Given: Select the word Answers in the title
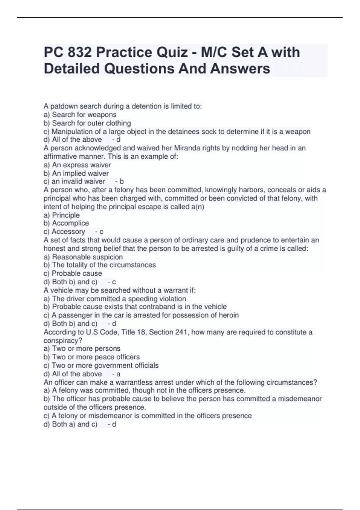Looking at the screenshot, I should point(240,68).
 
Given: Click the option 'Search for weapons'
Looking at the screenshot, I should point(84,115).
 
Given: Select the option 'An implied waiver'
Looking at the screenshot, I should point(80,173).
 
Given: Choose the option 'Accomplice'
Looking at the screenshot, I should point(70,223).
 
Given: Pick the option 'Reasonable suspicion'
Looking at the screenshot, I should point(87,257).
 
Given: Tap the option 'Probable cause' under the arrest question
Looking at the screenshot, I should point(76,273).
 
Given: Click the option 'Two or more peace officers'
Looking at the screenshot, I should point(96,357).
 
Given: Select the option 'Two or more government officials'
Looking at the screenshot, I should point(105,365).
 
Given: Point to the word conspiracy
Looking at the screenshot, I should point(63,340).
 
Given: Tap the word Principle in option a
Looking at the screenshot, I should point(66,215).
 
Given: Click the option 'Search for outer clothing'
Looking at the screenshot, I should point(91,123).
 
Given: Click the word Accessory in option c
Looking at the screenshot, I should point(68,231).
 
